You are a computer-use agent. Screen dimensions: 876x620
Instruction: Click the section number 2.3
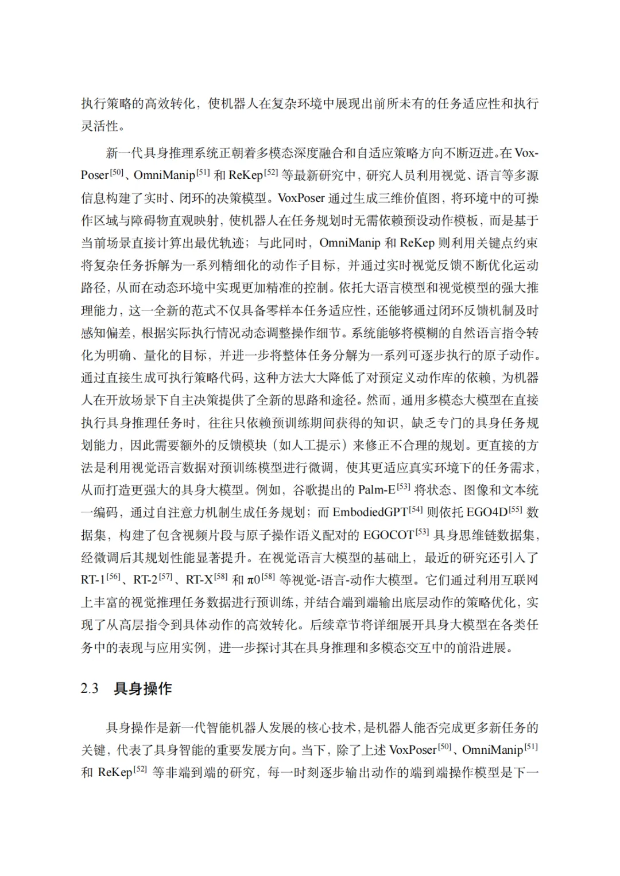pos(90,689)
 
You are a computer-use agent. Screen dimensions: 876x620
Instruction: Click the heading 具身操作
pos(143,689)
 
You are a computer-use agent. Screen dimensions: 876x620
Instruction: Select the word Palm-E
pos(377,490)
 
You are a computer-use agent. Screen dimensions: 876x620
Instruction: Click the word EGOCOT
pos(389,535)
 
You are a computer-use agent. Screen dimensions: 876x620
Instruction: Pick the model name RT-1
pos(93,580)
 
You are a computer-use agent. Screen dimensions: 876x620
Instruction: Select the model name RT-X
pos(199,580)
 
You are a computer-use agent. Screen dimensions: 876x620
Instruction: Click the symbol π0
pos(254,580)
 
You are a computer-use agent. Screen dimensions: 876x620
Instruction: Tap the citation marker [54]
pos(416,509)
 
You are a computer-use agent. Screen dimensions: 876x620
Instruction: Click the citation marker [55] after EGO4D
pos(516,509)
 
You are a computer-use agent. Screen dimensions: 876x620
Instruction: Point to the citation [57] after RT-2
pos(165,577)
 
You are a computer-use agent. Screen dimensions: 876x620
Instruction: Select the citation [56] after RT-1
pos(113,577)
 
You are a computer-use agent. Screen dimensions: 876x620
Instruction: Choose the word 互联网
pos(520,580)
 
